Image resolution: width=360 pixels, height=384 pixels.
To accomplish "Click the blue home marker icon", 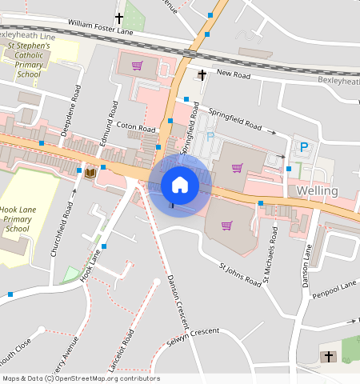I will (180, 185).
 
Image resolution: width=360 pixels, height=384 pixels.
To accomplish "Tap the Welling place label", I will (317, 192).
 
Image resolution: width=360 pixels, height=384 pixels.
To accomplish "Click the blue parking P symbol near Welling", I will (304, 146).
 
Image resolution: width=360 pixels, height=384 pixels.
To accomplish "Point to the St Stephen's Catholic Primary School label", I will (29, 60).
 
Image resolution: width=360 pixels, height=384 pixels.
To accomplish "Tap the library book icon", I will (90, 172).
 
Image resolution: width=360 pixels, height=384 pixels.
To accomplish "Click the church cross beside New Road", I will (202, 75).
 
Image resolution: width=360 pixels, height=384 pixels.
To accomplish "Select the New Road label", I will (234, 74).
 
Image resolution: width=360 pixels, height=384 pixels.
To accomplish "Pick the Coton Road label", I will (135, 127).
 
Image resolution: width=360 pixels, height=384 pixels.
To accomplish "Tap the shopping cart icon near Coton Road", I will (138, 66).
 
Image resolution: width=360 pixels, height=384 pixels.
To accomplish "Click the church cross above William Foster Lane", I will (119, 17).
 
